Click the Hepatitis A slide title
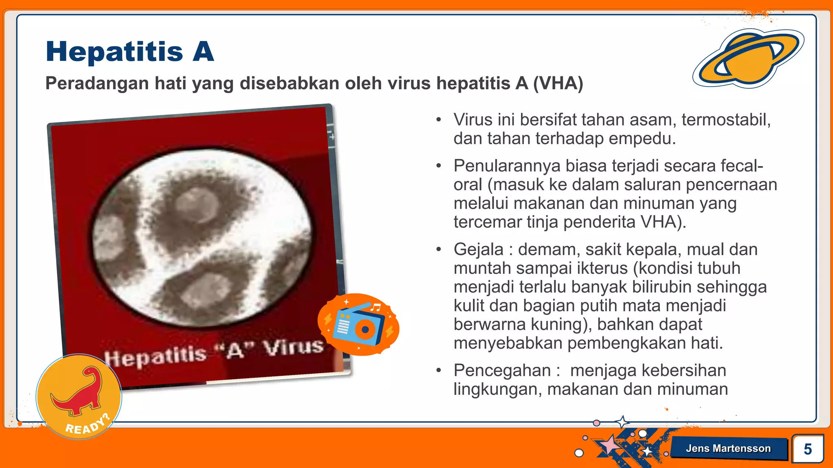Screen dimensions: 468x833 point(130,52)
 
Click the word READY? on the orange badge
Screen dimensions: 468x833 point(88,425)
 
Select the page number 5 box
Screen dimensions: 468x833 point(807,449)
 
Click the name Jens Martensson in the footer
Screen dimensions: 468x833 point(728,448)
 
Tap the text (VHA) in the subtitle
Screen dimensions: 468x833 point(558,83)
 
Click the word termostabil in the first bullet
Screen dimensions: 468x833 point(726,120)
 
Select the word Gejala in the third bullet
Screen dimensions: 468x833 point(478,249)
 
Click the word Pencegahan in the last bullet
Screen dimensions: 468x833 point(502,370)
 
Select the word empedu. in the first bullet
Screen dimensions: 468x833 point(642,139)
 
